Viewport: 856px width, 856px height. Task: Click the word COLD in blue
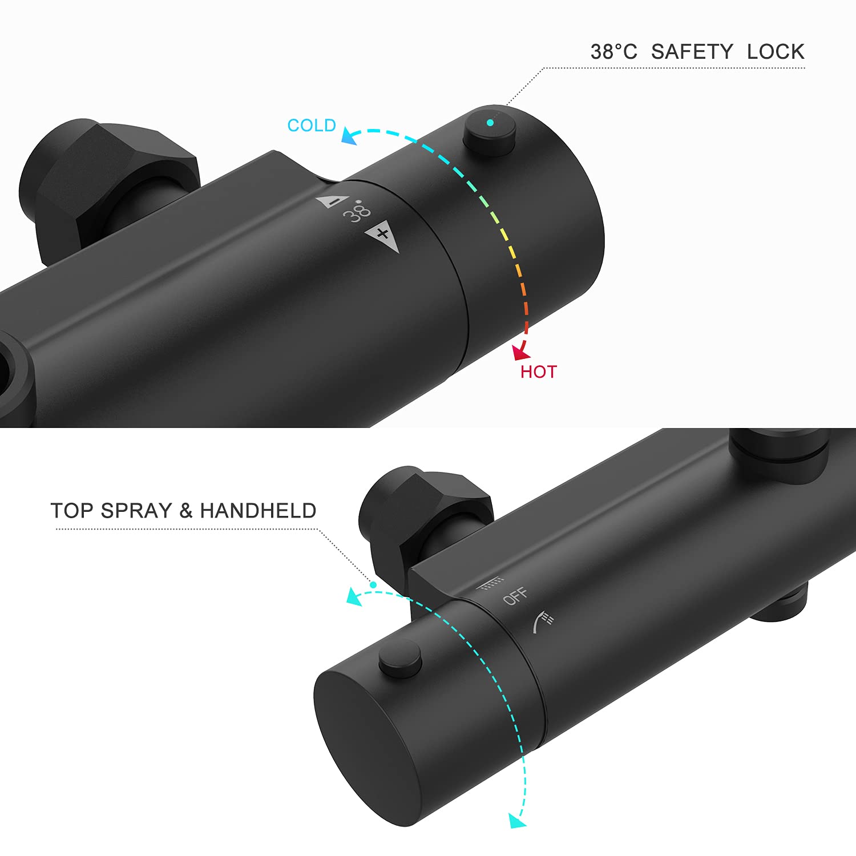tap(311, 126)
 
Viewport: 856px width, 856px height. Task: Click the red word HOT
tap(538, 372)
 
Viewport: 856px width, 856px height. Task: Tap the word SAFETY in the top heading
tap(692, 52)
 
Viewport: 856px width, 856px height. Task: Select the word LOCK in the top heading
tap(776, 52)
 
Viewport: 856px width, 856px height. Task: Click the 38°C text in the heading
tap(613, 52)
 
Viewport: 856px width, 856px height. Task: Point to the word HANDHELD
tap(258, 511)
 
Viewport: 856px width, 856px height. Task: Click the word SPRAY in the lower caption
tap(136, 511)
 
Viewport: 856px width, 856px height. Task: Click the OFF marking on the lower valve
tap(515, 596)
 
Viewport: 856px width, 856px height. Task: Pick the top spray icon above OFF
tap(490, 583)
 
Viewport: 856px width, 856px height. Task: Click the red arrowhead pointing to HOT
tap(520, 352)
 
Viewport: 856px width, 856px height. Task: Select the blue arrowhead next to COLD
tap(349, 136)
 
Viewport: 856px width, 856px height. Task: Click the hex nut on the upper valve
tap(108, 183)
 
